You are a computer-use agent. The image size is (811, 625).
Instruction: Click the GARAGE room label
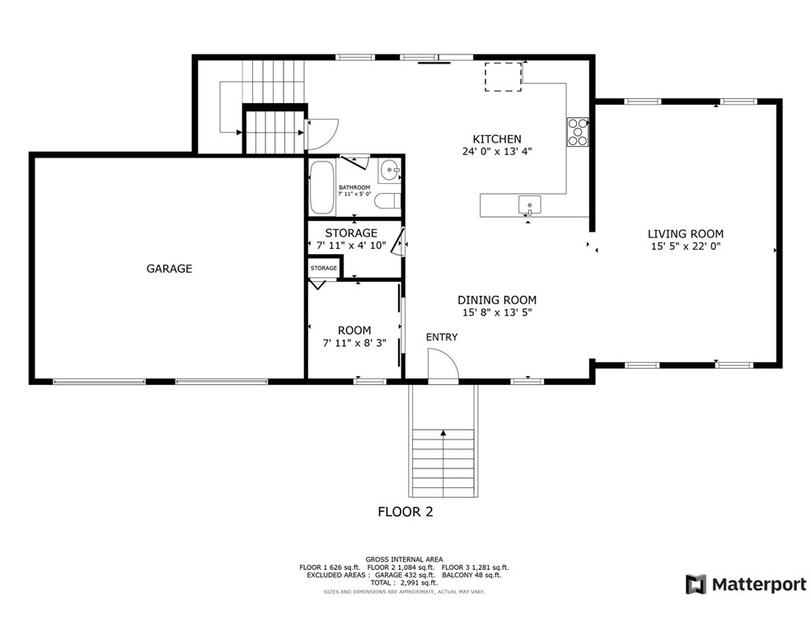coord(169,269)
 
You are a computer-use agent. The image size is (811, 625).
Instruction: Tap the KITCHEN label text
coord(497,139)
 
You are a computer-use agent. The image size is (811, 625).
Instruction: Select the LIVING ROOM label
coord(686,234)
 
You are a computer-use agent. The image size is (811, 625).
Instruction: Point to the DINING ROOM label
coord(497,300)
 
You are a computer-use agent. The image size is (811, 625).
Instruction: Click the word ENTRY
coord(442,337)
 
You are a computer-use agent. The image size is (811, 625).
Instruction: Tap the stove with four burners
coord(578,133)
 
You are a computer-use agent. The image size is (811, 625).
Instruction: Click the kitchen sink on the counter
coord(530,204)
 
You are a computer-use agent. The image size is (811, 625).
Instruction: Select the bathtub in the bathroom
coord(321,187)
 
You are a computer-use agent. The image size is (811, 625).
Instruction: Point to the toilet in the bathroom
coord(387,200)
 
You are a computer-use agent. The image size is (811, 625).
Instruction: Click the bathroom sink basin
coord(390,170)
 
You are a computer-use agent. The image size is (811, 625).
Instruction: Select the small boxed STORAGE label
coord(324,268)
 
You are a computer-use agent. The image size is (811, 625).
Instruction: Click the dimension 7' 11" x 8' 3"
coord(354,343)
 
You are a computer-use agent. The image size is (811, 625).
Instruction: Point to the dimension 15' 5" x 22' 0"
coord(686,247)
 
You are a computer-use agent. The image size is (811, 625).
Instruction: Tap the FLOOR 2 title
coord(405,512)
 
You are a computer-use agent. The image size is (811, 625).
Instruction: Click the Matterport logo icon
coord(696,585)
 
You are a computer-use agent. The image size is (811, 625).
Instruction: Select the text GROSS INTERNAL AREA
coord(404,559)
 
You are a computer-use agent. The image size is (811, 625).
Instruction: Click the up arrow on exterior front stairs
coord(443,433)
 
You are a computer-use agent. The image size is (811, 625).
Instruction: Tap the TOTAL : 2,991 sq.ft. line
coord(404,583)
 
